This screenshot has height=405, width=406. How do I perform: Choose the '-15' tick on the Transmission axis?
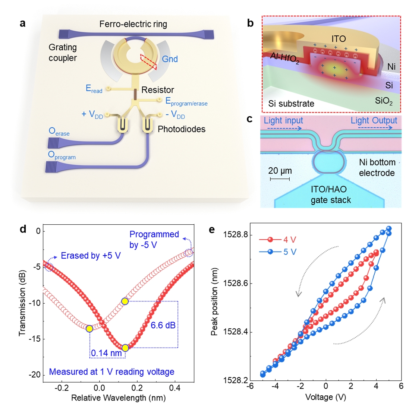[33, 339]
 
